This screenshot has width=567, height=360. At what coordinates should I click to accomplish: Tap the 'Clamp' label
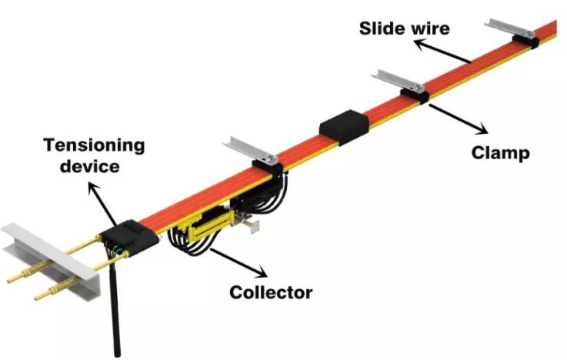500,153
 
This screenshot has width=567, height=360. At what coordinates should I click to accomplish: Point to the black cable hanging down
115,308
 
